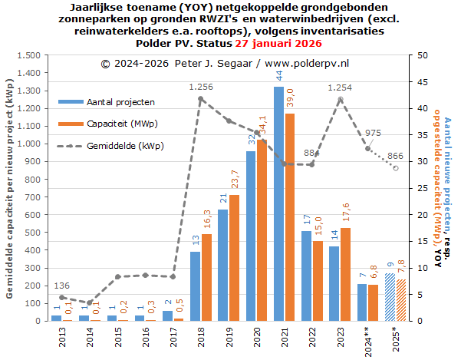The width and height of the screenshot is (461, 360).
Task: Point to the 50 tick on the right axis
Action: (414, 55)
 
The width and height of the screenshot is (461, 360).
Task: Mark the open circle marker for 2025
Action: (396, 167)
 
